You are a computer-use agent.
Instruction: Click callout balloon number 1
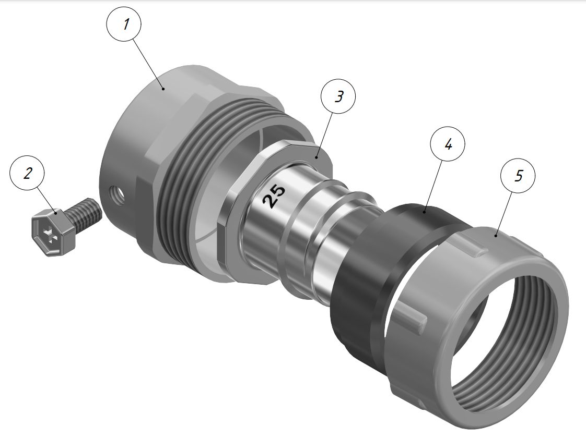click(124, 24)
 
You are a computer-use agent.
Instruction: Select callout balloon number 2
click(27, 174)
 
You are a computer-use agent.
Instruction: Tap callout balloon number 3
click(338, 96)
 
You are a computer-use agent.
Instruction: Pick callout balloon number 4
click(448, 144)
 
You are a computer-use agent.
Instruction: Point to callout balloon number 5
click(518, 176)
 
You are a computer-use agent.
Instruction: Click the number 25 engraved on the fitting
click(274, 196)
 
